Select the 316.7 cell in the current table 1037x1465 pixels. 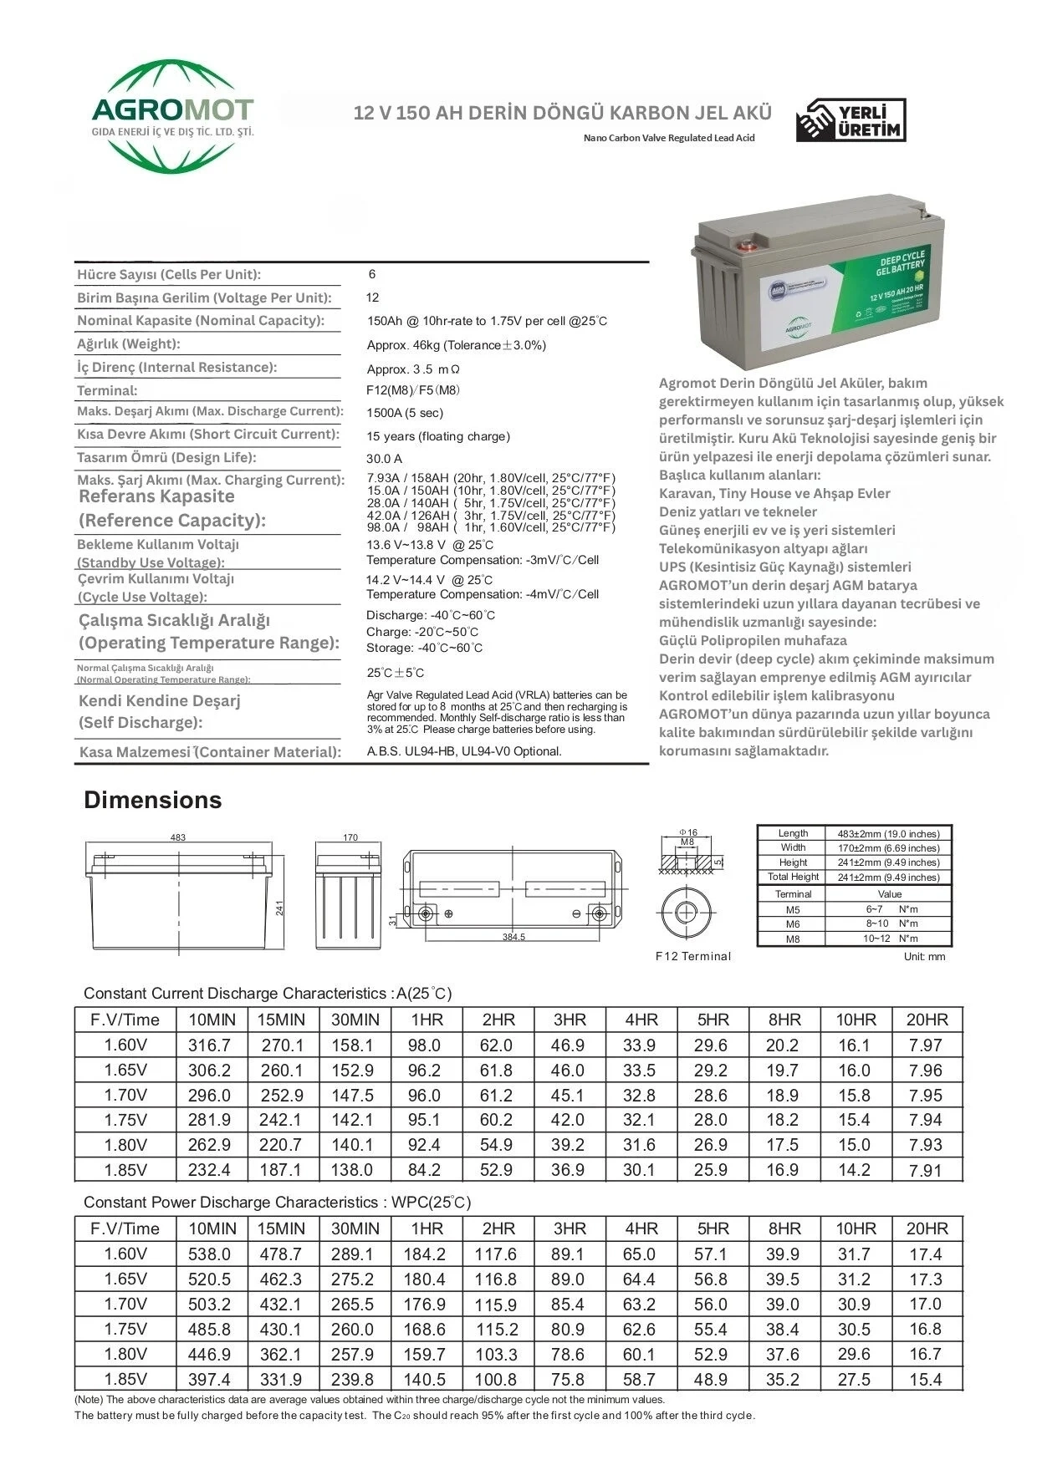pyautogui.click(x=209, y=1045)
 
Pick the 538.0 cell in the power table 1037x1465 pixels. pyautogui.click(x=209, y=1254)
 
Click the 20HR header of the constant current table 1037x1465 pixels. pyautogui.click(x=927, y=1020)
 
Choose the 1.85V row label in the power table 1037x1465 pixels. pyautogui.click(x=125, y=1379)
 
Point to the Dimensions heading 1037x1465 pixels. pyautogui.click(x=152, y=800)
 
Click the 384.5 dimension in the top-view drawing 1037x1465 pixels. pyautogui.click(x=513, y=937)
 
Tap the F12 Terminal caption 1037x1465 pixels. pyautogui.click(x=692, y=956)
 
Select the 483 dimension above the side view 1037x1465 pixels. pyautogui.click(x=177, y=837)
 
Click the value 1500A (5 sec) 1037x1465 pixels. pyautogui.click(x=405, y=413)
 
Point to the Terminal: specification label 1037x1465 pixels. pyautogui.click(x=107, y=391)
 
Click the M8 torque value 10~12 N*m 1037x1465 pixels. pyautogui.click(x=891, y=939)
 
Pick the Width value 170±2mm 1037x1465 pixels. pyautogui.click(x=887, y=847)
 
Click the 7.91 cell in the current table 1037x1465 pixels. pyautogui.click(x=925, y=1170)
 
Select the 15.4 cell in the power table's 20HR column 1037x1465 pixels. pyautogui.click(x=925, y=1379)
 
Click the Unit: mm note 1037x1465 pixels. pyautogui.click(x=924, y=956)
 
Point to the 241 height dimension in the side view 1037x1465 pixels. pyautogui.click(x=280, y=907)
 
